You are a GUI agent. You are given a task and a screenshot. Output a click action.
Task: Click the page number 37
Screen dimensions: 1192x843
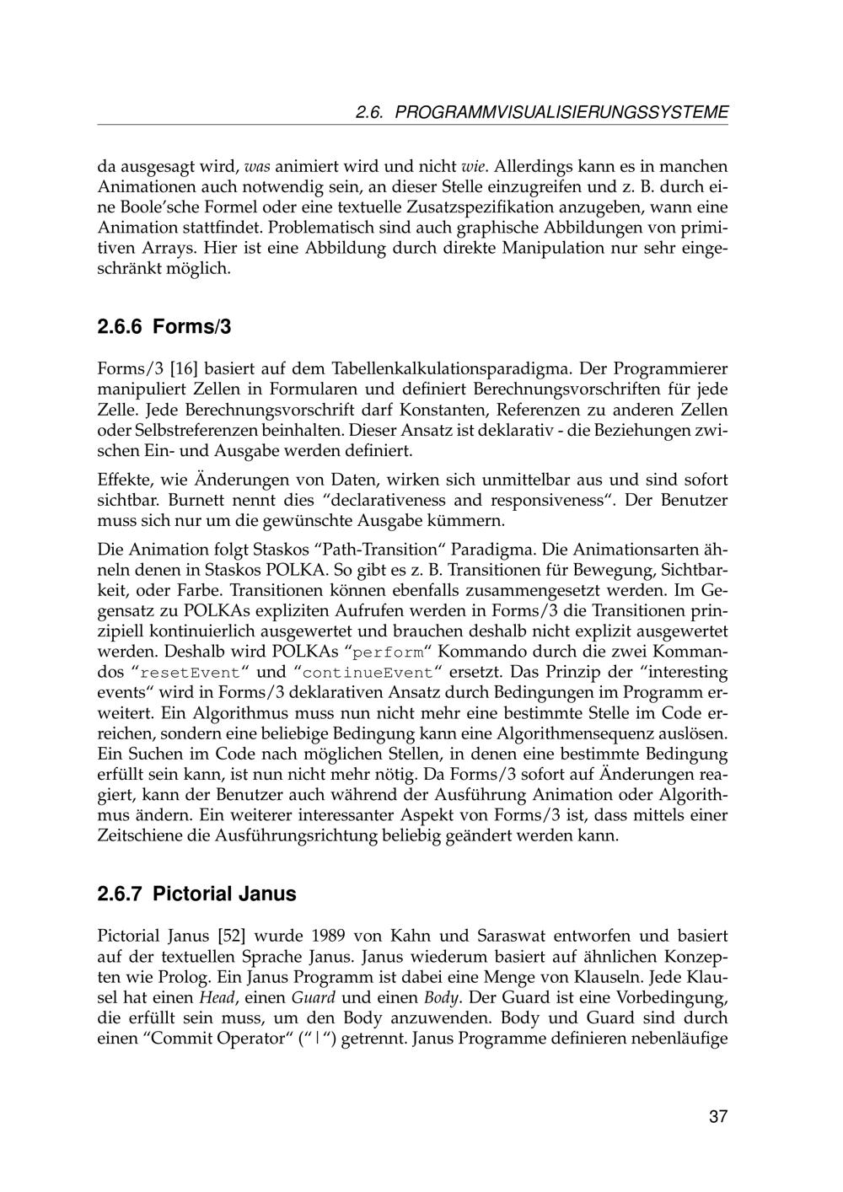[x=717, y=1118]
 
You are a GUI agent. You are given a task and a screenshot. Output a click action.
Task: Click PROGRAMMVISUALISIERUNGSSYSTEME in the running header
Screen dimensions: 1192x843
[x=561, y=112]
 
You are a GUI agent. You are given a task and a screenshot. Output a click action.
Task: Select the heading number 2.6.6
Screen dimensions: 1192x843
[x=121, y=326]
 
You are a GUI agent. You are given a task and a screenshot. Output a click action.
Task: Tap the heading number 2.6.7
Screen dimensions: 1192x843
[x=121, y=894]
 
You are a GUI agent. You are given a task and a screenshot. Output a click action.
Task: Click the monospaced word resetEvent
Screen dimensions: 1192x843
[x=189, y=674]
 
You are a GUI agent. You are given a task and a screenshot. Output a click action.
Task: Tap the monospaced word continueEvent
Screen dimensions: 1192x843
[x=367, y=674]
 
